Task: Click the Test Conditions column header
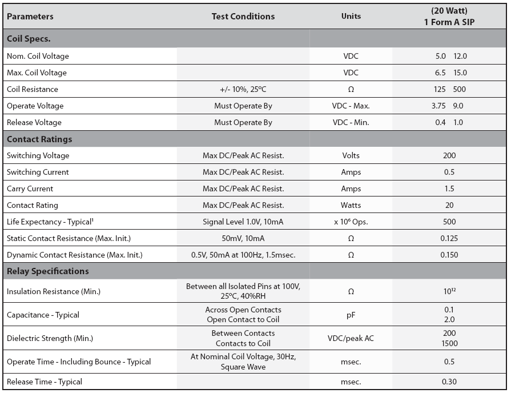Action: point(243,17)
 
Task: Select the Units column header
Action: point(351,16)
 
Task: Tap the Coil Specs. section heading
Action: point(29,39)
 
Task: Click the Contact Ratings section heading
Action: point(39,139)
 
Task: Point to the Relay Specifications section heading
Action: point(47,271)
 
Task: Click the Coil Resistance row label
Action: point(33,89)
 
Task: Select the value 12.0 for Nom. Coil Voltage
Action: point(460,56)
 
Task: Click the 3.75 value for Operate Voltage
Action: point(438,106)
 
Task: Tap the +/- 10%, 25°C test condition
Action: point(243,89)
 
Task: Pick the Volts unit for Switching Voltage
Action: point(351,155)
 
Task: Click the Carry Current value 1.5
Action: point(449,189)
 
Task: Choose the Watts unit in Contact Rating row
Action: point(351,206)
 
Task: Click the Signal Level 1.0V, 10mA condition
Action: point(243,222)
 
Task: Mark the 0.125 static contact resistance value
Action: point(449,238)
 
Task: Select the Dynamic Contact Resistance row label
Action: point(75,255)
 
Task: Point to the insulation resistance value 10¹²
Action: point(449,291)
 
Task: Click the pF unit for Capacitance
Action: point(351,315)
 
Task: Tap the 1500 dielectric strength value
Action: point(449,343)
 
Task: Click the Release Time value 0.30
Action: point(449,382)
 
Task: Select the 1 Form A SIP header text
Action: point(449,22)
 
